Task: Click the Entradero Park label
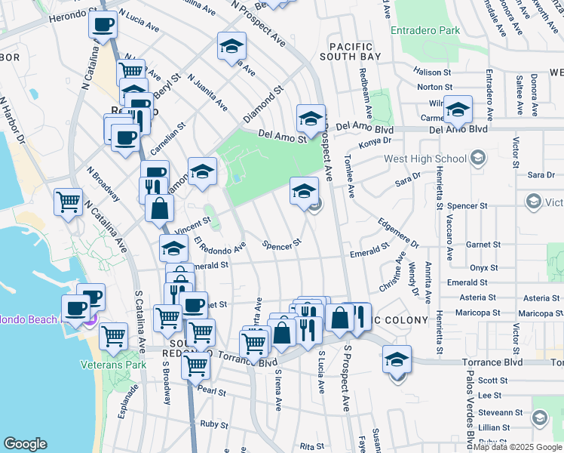pos(426,31)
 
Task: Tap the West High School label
pos(425,159)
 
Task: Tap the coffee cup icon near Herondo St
pos(103,24)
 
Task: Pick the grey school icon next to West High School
pos(477,158)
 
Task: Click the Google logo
pos(26,444)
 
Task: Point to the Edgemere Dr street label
pos(398,233)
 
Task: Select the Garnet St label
pos(483,245)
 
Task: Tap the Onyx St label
pos(483,267)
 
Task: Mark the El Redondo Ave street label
pos(220,245)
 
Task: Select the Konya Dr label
pos(375,140)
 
